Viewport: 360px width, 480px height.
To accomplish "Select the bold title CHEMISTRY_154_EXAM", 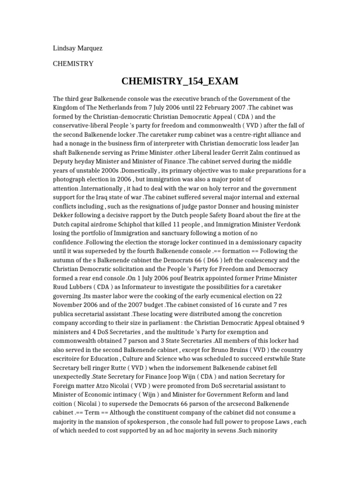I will (180, 82).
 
